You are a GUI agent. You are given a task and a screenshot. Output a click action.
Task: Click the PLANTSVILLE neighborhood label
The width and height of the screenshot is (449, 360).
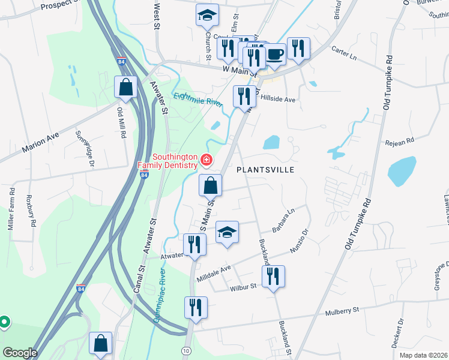click(265, 170)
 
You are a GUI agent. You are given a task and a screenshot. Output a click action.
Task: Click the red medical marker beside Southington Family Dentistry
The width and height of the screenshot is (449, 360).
click(206, 159)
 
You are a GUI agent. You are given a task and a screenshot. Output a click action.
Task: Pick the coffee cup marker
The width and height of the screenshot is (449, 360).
click(275, 54)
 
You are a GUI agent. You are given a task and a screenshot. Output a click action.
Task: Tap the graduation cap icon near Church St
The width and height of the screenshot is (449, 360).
click(207, 16)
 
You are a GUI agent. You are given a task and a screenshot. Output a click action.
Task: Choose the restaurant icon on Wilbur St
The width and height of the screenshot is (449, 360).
click(273, 277)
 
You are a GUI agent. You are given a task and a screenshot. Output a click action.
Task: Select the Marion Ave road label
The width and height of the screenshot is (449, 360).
click(40, 143)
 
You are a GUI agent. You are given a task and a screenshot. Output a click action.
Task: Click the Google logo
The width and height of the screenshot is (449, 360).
click(20, 353)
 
